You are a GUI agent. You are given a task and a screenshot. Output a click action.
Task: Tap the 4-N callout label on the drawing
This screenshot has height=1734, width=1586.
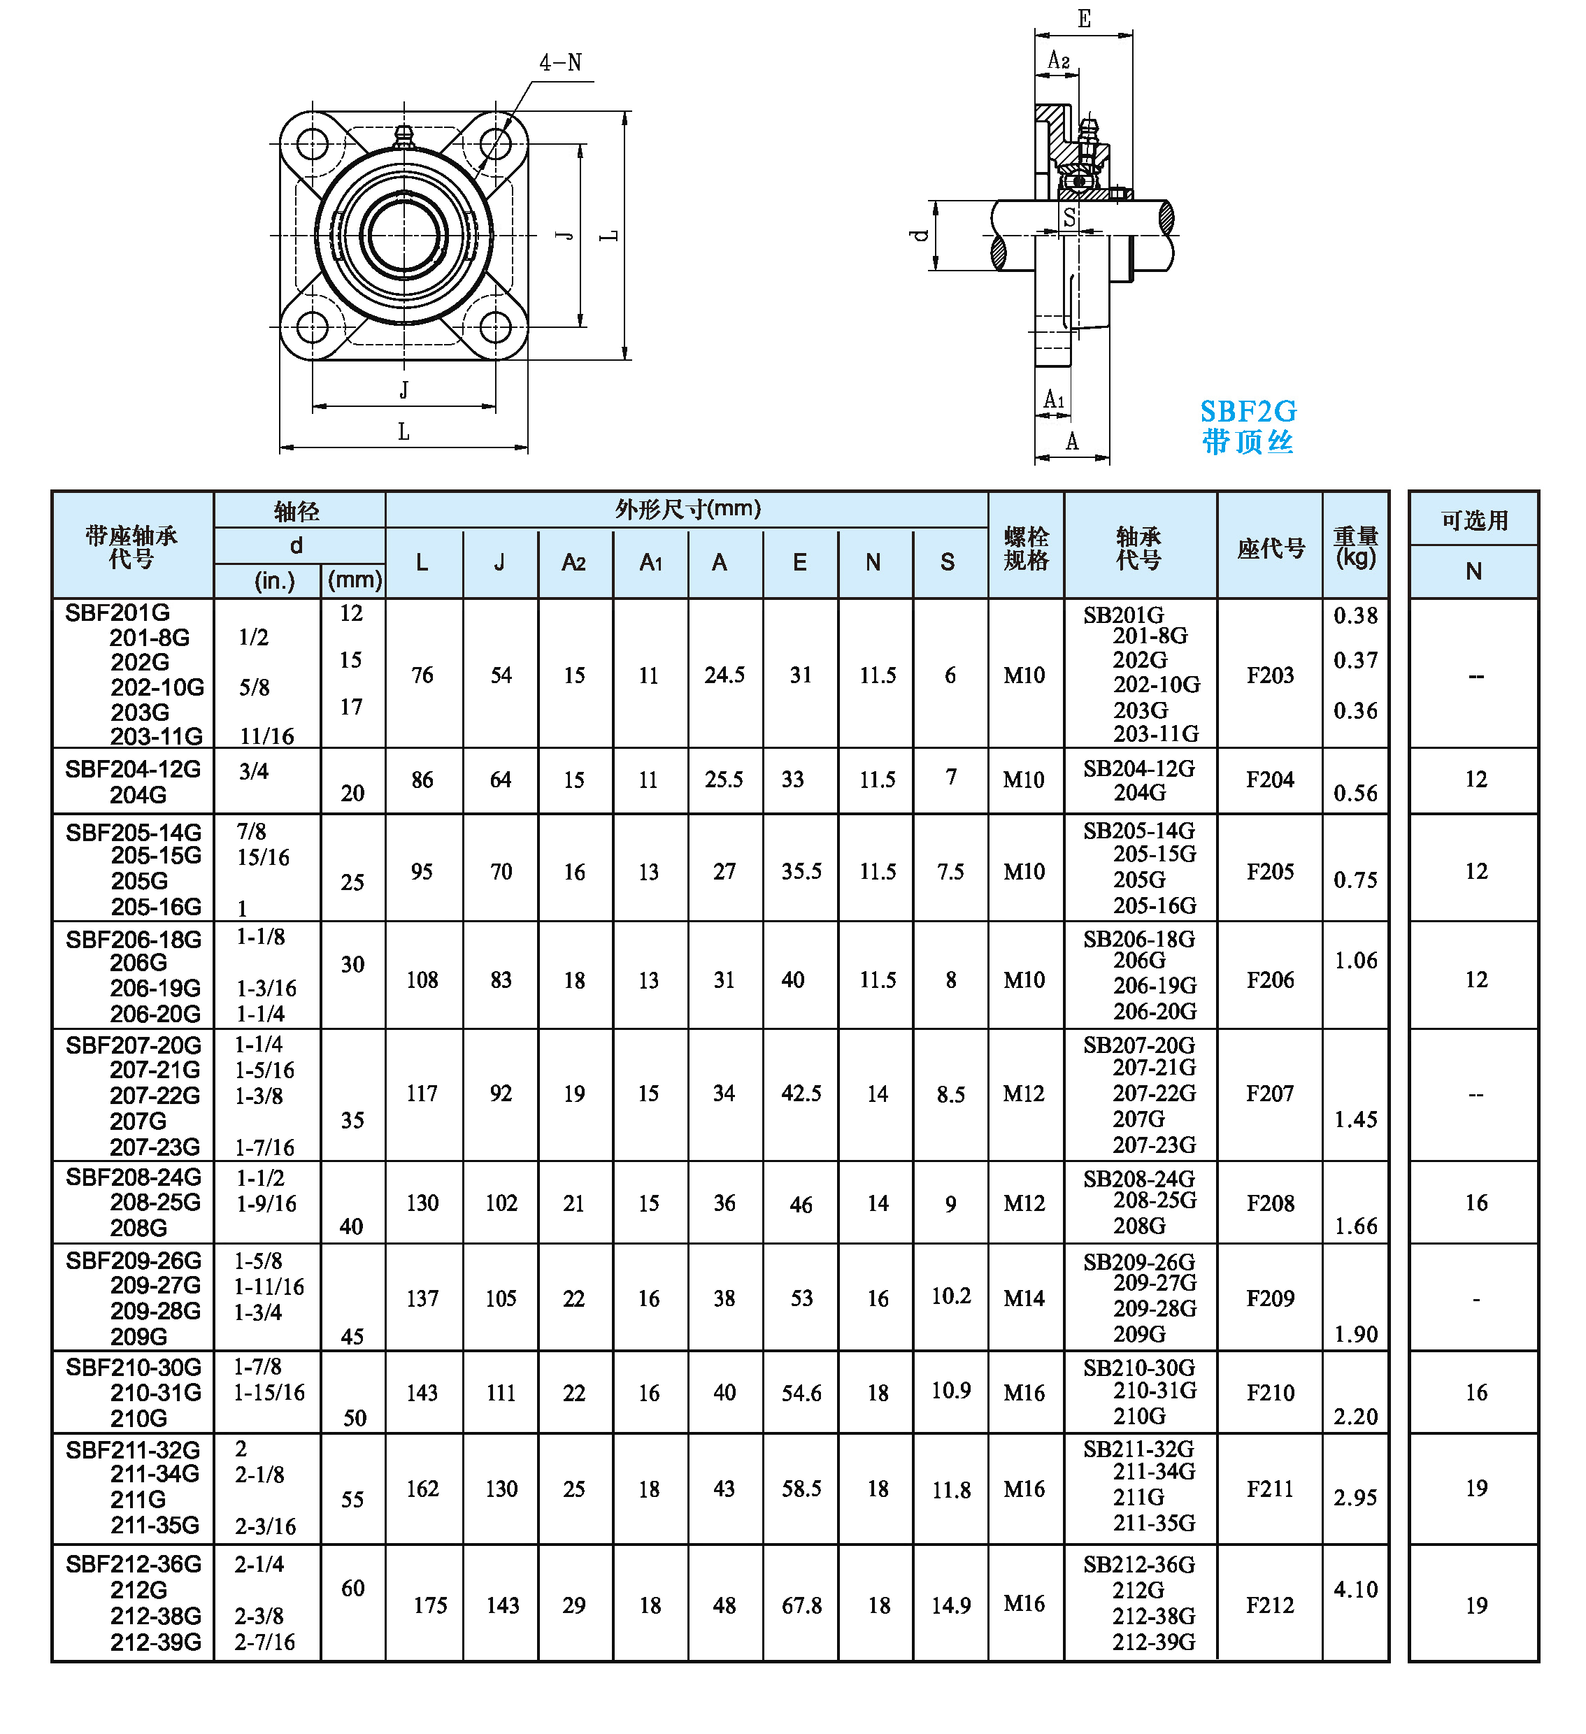pyautogui.click(x=561, y=63)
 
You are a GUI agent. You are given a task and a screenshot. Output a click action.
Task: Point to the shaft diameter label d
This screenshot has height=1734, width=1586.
pyautogui.click(x=920, y=235)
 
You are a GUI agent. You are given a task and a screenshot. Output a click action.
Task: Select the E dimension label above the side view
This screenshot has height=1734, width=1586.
pyautogui.click(x=1084, y=19)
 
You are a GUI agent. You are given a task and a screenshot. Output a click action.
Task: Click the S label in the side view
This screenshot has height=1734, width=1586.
pyautogui.click(x=1069, y=217)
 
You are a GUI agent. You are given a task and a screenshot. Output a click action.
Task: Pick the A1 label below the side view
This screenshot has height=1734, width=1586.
pyautogui.click(x=1054, y=400)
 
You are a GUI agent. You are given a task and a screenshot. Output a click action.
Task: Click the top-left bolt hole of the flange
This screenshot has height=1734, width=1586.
pyautogui.click(x=312, y=143)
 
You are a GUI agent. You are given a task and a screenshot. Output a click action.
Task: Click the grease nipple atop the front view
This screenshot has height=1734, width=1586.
pyautogui.click(x=403, y=136)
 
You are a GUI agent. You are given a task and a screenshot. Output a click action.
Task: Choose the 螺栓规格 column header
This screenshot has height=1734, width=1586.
pyautogui.click(x=1025, y=548)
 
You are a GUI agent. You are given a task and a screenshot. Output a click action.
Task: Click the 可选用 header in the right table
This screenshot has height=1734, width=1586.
pyautogui.click(x=1474, y=520)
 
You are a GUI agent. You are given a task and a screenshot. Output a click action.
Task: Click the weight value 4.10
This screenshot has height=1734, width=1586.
pyautogui.click(x=1355, y=1589)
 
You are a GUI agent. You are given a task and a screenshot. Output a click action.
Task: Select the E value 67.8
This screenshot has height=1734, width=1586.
pyautogui.click(x=801, y=1606)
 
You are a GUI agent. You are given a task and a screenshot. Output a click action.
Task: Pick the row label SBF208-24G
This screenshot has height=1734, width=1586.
pyautogui.click(x=134, y=1177)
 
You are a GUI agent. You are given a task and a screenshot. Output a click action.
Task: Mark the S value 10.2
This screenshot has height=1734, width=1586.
pyautogui.click(x=950, y=1296)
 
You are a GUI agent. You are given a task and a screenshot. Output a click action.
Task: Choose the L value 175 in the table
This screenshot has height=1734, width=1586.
pyautogui.click(x=430, y=1606)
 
